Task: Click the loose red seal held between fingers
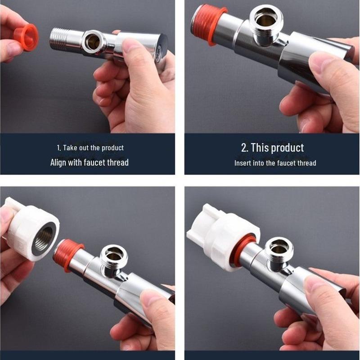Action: [27, 37]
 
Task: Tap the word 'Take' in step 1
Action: [70, 148]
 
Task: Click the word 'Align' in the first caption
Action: [58, 162]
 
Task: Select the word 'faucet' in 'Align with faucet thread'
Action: [94, 162]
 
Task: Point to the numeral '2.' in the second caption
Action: [245, 148]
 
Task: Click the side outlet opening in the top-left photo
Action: [93, 42]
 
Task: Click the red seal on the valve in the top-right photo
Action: [208, 24]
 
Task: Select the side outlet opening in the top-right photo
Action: [266, 19]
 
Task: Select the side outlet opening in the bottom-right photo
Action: [279, 246]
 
